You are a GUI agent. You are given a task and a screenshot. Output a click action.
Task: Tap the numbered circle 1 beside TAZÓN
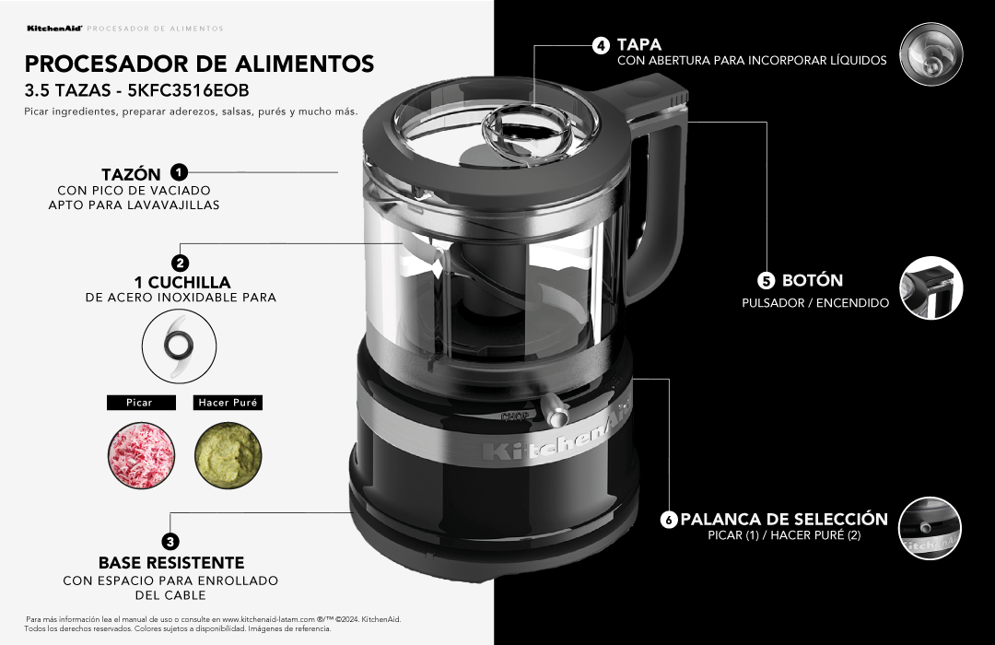click(180, 172)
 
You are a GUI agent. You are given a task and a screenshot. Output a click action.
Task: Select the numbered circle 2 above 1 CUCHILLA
click(181, 263)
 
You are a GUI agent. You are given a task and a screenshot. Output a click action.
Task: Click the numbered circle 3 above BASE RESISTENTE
click(170, 542)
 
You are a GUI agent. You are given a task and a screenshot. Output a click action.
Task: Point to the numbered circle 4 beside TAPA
click(601, 44)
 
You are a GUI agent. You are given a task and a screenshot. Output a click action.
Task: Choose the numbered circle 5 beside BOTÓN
click(767, 280)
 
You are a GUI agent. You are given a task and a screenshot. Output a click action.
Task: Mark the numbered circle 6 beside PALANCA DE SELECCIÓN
click(669, 520)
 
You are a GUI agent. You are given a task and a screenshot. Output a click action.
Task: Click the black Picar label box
click(139, 403)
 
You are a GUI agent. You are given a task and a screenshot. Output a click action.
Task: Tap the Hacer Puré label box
click(228, 403)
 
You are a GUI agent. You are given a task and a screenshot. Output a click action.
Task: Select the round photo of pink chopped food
click(139, 455)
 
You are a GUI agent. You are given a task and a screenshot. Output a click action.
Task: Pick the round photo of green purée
click(227, 455)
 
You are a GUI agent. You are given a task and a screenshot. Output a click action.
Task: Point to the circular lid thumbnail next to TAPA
click(931, 55)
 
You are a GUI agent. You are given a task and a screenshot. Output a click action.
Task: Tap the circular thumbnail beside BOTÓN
click(931, 288)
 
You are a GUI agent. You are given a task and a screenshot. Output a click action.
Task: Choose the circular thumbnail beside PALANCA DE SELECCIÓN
click(931, 528)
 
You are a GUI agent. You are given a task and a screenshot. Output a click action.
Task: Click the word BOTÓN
click(813, 280)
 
